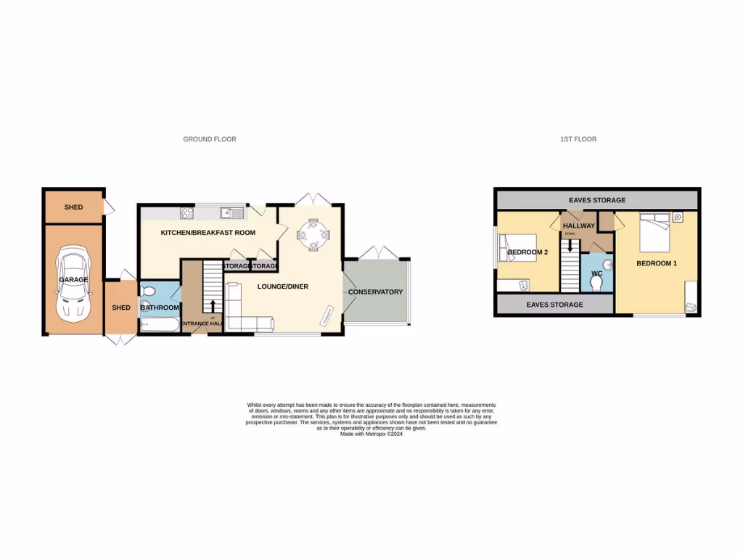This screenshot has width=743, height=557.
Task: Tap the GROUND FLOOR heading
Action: click(x=210, y=139)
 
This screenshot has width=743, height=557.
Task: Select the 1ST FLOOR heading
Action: click(x=578, y=139)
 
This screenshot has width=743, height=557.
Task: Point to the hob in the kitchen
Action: click(x=186, y=213)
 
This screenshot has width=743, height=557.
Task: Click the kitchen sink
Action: click(x=231, y=213)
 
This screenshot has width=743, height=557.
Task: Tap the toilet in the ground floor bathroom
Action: click(x=148, y=291)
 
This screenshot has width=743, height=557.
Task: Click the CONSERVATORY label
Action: click(x=375, y=292)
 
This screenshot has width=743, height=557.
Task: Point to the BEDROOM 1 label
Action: click(x=657, y=263)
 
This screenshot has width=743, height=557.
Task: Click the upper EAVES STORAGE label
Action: click(x=597, y=200)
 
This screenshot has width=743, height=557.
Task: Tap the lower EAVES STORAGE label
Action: click(x=554, y=305)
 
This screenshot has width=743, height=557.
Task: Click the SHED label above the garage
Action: click(x=73, y=207)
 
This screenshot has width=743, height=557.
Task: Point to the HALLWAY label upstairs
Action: click(x=578, y=226)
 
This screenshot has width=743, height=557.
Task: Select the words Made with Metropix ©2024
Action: click(x=371, y=434)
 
